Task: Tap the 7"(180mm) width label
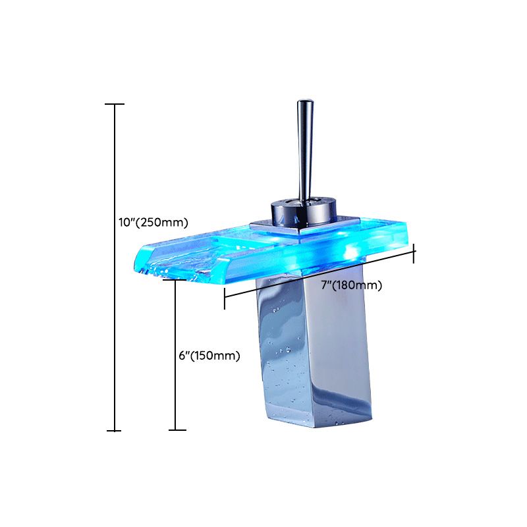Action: click(351, 285)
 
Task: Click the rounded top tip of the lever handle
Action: click(304, 104)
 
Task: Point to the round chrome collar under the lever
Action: click(304, 211)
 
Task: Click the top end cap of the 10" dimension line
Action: click(115, 104)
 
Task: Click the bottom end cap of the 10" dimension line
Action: click(115, 431)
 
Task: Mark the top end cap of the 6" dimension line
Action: click(175, 280)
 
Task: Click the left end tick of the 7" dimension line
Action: click(225, 298)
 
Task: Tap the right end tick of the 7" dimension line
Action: click(414, 252)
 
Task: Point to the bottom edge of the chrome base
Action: click(323, 422)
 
